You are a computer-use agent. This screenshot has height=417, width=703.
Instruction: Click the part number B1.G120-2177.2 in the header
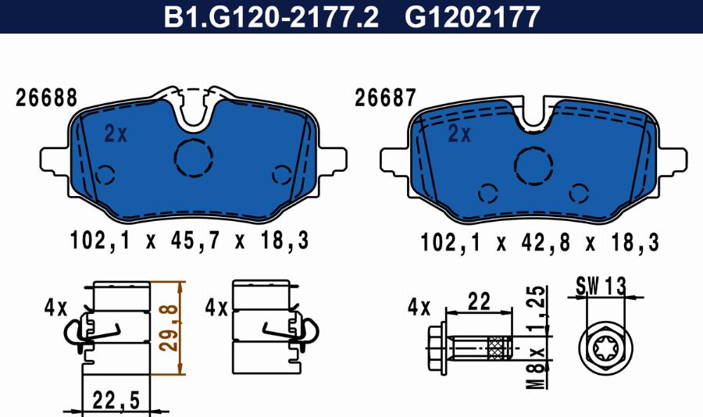270,17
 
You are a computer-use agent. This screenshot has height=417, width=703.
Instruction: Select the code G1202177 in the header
472,17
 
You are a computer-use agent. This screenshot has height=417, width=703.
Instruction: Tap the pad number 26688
46,99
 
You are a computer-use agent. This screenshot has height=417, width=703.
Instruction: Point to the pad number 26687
385,99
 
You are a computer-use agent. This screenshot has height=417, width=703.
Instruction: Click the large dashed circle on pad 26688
194,159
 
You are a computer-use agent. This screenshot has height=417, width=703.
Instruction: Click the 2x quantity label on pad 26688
116,134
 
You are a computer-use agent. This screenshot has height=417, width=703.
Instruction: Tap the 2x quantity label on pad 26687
459,134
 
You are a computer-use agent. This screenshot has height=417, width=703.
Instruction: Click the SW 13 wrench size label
601,286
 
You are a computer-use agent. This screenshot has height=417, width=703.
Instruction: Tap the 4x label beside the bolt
418,306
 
